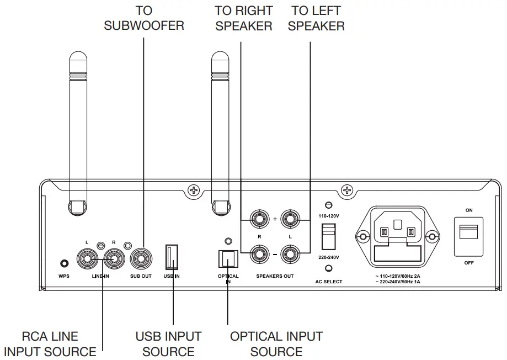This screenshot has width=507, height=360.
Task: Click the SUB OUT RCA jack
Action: click(141, 258)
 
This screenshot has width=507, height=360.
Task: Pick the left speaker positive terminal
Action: click(290, 219)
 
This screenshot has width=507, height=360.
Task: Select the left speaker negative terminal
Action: click(290, 255)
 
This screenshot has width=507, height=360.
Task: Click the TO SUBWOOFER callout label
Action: click(144, 18)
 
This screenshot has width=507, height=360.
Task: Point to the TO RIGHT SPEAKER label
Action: click(243, 18)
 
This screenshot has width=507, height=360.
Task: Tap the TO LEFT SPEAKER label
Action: click(316, 18)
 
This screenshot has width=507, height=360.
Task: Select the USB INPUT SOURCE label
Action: click(168, 343)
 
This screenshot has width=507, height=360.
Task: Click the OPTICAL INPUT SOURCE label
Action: click(276, 343)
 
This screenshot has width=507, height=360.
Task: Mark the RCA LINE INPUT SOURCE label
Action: click(50, 343)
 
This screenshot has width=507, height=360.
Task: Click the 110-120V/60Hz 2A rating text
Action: click(397, 276)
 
